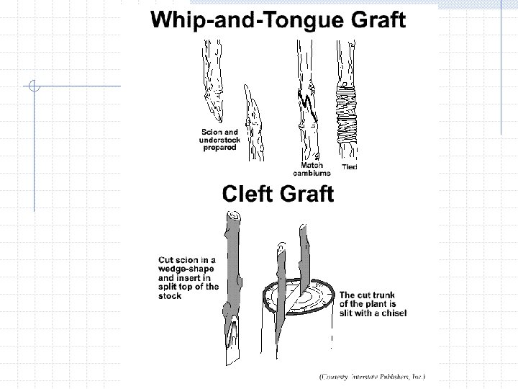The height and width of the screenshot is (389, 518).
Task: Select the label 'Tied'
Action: coord(349,167)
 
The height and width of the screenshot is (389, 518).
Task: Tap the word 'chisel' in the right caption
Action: coord(392,313)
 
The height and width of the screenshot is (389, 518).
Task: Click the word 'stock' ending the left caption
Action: coord(170,295)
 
